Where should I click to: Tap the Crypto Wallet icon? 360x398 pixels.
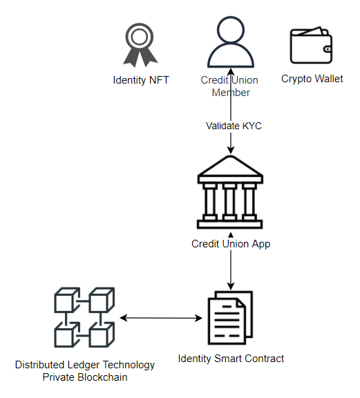point(312,46)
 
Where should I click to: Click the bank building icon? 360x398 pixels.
point(230,193)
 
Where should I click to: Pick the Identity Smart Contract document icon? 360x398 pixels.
point(230,319)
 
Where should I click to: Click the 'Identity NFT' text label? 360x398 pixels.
point(140,80)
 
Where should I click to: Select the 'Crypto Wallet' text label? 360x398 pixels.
point(312,79)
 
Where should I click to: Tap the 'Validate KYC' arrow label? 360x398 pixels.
point(234,126)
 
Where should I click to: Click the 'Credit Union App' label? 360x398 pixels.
point(231,244)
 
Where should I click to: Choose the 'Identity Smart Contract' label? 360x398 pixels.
point(231,358)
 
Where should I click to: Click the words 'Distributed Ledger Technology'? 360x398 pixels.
point(85,365)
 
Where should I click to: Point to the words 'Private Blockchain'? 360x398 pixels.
point(85,377)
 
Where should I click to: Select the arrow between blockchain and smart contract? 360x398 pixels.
point(160,319)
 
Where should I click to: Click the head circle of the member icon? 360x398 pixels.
point(230,29)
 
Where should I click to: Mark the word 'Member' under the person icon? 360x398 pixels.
point(230,93)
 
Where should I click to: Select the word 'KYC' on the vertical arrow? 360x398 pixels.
point(252,126)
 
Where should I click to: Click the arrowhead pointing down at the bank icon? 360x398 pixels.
point(230,150)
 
